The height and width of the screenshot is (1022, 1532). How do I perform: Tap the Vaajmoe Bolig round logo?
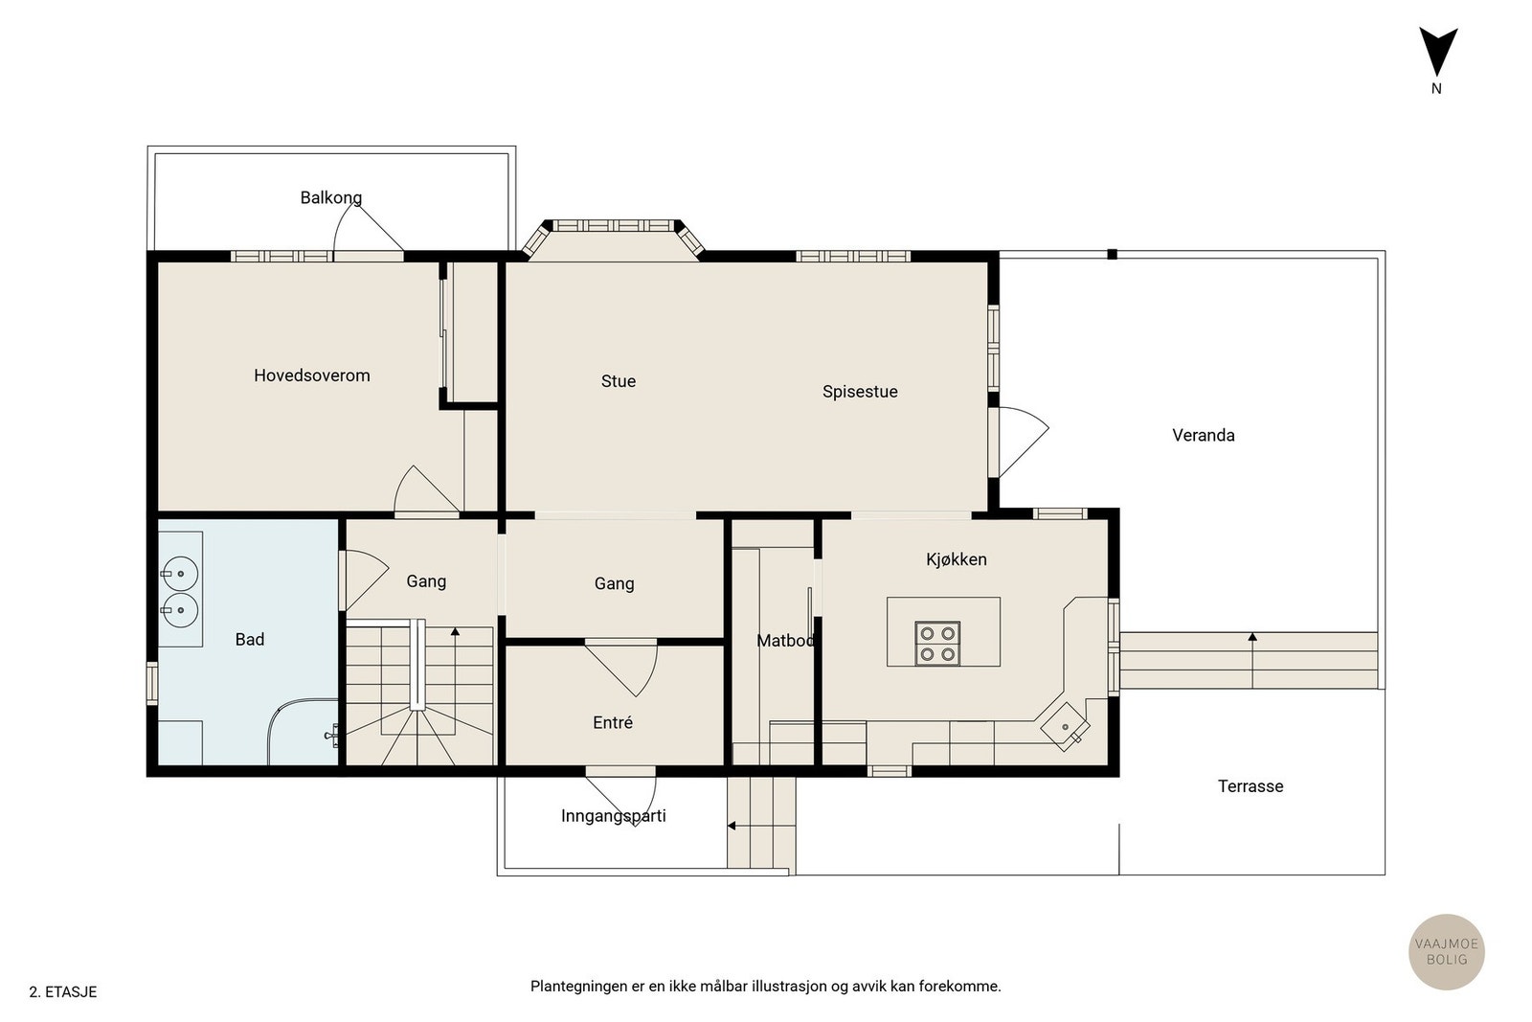(x=1447, y=951)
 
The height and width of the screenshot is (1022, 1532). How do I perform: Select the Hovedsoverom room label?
(x=312, y=375)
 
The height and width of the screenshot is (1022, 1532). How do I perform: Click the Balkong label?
(x=331, y=197)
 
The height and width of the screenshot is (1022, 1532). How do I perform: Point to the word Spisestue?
(x=860, y=392)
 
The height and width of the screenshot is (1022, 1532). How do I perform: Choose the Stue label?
(x=619, y=381)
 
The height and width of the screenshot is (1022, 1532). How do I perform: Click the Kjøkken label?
(x=957, y=559)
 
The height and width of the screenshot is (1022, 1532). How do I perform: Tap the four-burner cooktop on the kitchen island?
(x=937, y=644)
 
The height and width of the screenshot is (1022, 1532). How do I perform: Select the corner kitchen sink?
(x=1065, y=727)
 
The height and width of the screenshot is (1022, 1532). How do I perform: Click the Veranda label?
(x=1203, y=436)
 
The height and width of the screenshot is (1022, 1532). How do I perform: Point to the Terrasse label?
(x=1250, y=786)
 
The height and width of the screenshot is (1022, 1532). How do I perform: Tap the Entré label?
(x=613, y=722)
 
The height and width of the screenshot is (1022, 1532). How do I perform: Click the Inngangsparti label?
(x=614, y=816)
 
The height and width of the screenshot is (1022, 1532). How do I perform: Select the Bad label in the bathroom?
(x=250, y=640)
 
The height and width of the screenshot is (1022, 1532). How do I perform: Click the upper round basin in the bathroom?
(x=180, y=574)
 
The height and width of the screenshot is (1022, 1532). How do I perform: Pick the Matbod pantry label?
(x=785, y=641)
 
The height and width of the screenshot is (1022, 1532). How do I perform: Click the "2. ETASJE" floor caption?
(x=63, y=992)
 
